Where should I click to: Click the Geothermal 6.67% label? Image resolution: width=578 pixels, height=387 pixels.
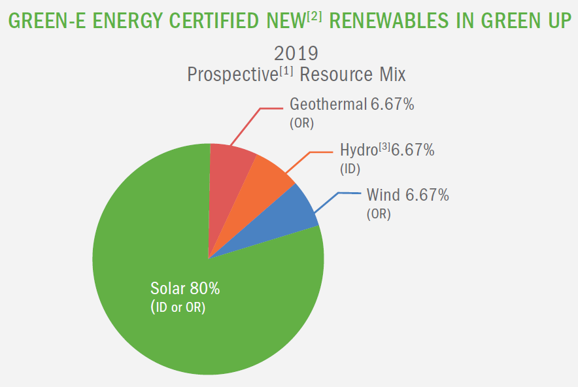click(x=352, y=105)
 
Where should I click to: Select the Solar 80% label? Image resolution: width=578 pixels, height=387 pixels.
click(x=185, y=288)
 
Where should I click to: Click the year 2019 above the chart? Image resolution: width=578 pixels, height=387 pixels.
click(x=296, y=52)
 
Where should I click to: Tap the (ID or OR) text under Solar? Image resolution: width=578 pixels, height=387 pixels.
click(x=178, y=307)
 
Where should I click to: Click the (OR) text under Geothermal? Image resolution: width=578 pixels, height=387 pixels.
click(x=302, y=123)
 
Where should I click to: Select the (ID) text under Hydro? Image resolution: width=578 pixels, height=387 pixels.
click(x=350, y=169)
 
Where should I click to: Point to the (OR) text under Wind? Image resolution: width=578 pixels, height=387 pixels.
click(x=379, y=214)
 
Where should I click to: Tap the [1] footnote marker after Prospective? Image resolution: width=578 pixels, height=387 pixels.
click(x=286, y=69)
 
